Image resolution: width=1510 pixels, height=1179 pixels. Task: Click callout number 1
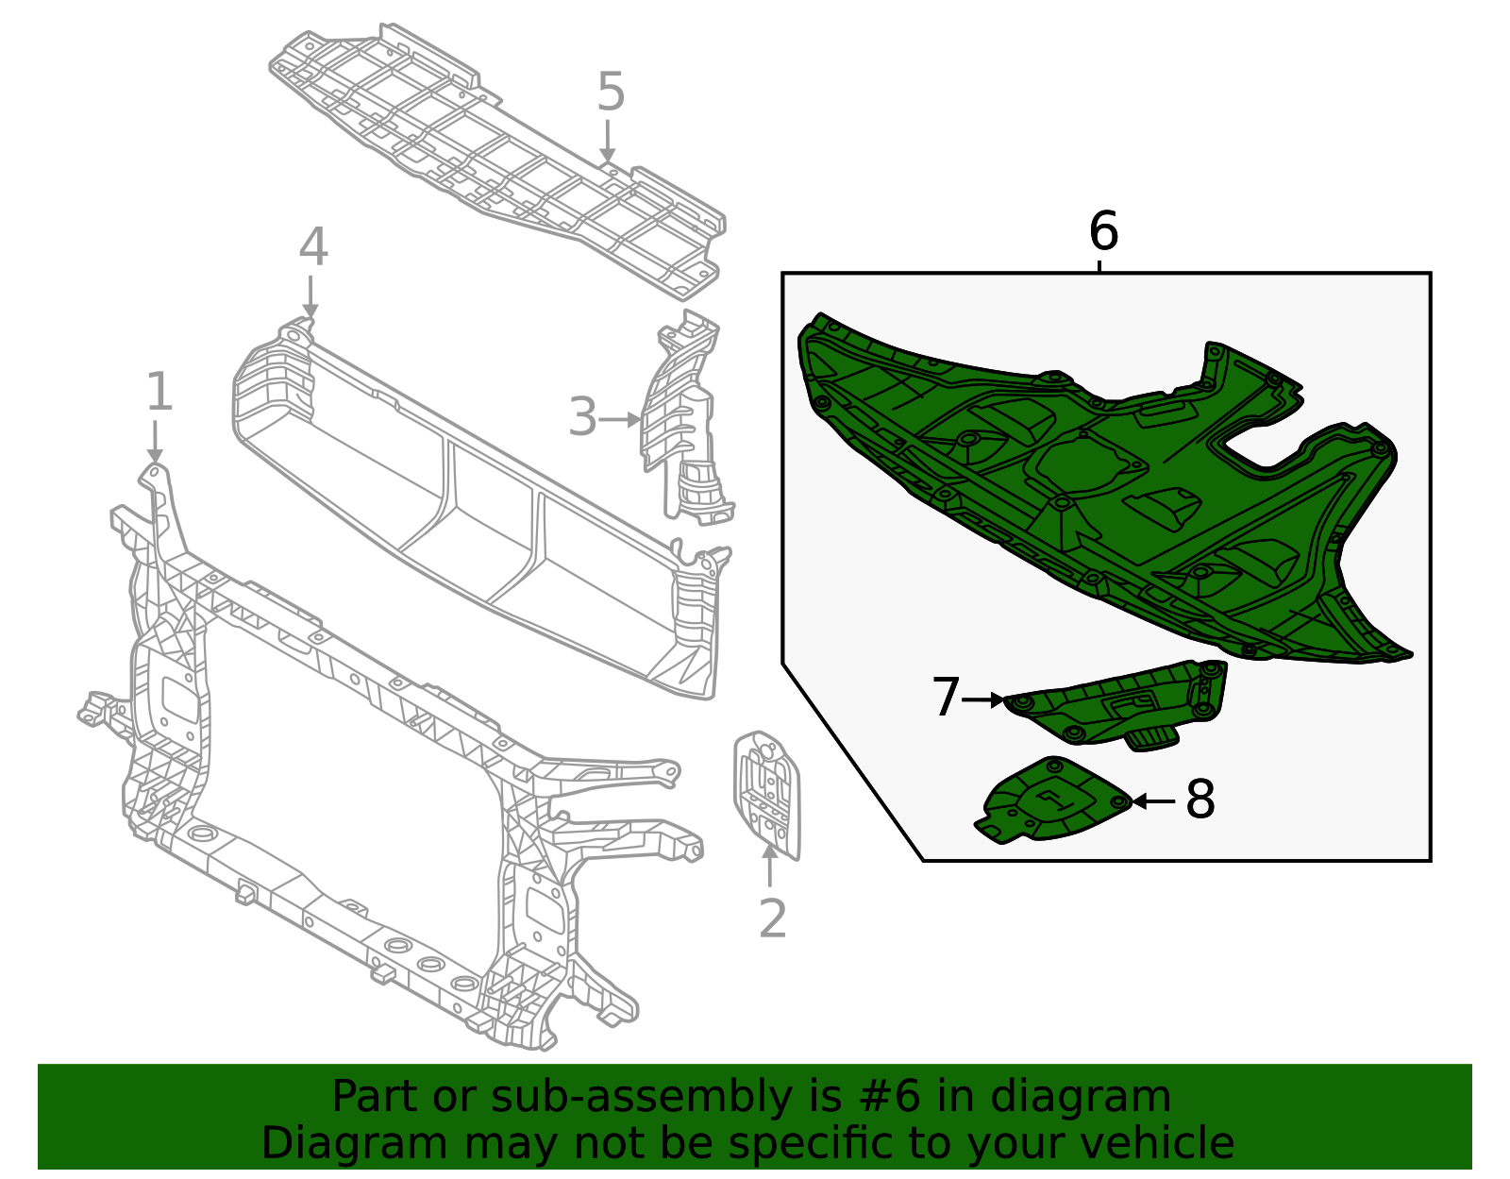pos(159,392)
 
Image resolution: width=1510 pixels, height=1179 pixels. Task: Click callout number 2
pos(772,918)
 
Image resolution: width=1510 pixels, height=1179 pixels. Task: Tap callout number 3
pos(582,418)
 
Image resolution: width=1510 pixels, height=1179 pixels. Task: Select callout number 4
pos(313,248)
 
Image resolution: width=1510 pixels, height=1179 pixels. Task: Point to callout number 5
pos(611,93)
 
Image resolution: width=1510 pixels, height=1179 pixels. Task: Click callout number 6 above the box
pos(1102,232)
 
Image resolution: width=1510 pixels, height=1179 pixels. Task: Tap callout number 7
pos(945,699)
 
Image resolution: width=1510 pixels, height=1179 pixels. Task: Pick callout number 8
pos(1200,800)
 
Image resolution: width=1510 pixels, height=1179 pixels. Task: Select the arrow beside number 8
pos(1153,801)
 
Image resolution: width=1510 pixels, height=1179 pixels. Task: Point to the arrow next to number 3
pos(620,419)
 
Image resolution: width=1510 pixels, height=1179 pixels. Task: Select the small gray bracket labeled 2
pos(766,793)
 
